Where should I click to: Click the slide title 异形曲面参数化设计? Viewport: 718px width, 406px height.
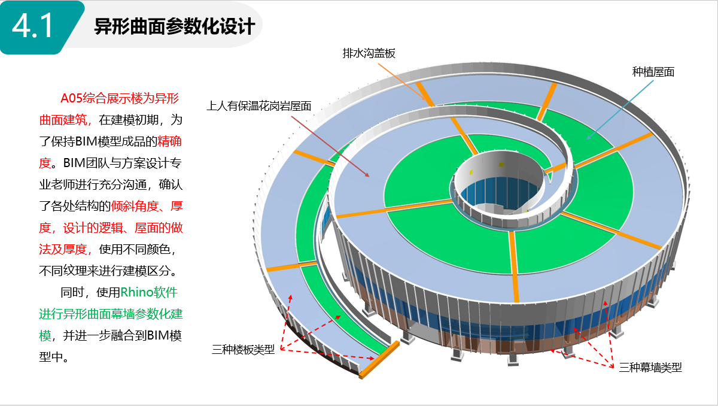coord(175,26)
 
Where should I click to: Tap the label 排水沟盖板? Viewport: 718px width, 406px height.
coord(369,53)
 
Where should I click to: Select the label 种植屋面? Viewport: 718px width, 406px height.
coord(653,72)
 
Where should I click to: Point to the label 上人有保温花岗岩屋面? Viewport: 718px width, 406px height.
coord(259,106)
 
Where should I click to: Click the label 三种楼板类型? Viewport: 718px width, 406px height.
coord(244,349)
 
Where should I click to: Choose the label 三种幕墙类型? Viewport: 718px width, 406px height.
coord(650,367)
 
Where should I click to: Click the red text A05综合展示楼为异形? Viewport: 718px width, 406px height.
coord(120,98)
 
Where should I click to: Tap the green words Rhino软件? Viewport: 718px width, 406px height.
coord(149,292)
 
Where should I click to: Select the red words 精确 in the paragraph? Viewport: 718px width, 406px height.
coord(170,141)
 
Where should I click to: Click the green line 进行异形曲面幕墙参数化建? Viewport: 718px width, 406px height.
coord(111,314)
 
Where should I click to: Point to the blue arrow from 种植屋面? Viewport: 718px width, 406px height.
coord(620,110)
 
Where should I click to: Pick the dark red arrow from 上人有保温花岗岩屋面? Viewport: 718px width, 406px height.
coord(330,146)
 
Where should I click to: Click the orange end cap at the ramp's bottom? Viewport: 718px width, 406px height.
coord(379,359)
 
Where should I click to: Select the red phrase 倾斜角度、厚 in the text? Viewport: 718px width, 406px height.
coord(147,206)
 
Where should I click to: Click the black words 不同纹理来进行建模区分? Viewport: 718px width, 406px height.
coord(105,271)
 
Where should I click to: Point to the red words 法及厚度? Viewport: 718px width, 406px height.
coord(63,249)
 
